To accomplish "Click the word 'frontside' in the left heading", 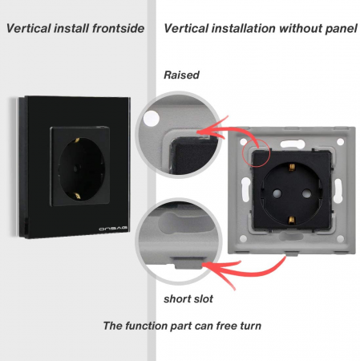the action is coord(119,28).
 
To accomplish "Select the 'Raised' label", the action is coord(181,75).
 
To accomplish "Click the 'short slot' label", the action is coord(188,299).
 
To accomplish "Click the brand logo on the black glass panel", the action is coord(113,229).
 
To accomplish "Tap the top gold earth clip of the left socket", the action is coord(77,140).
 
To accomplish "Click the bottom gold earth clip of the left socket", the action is coord(77,197).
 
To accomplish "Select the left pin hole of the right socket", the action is coord(277,193).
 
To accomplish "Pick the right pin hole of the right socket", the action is coord(306,193).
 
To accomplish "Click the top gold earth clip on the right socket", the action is coord(292,167).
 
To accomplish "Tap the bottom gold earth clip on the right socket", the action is coord(292,220).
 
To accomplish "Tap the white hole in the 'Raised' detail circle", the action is coord(151,119).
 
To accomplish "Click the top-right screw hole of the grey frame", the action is coord(340,141).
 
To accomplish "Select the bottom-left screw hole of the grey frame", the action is coord(243,238).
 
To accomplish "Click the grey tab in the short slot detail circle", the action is coord(188,263).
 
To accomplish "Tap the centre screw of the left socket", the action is coord(77,168).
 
